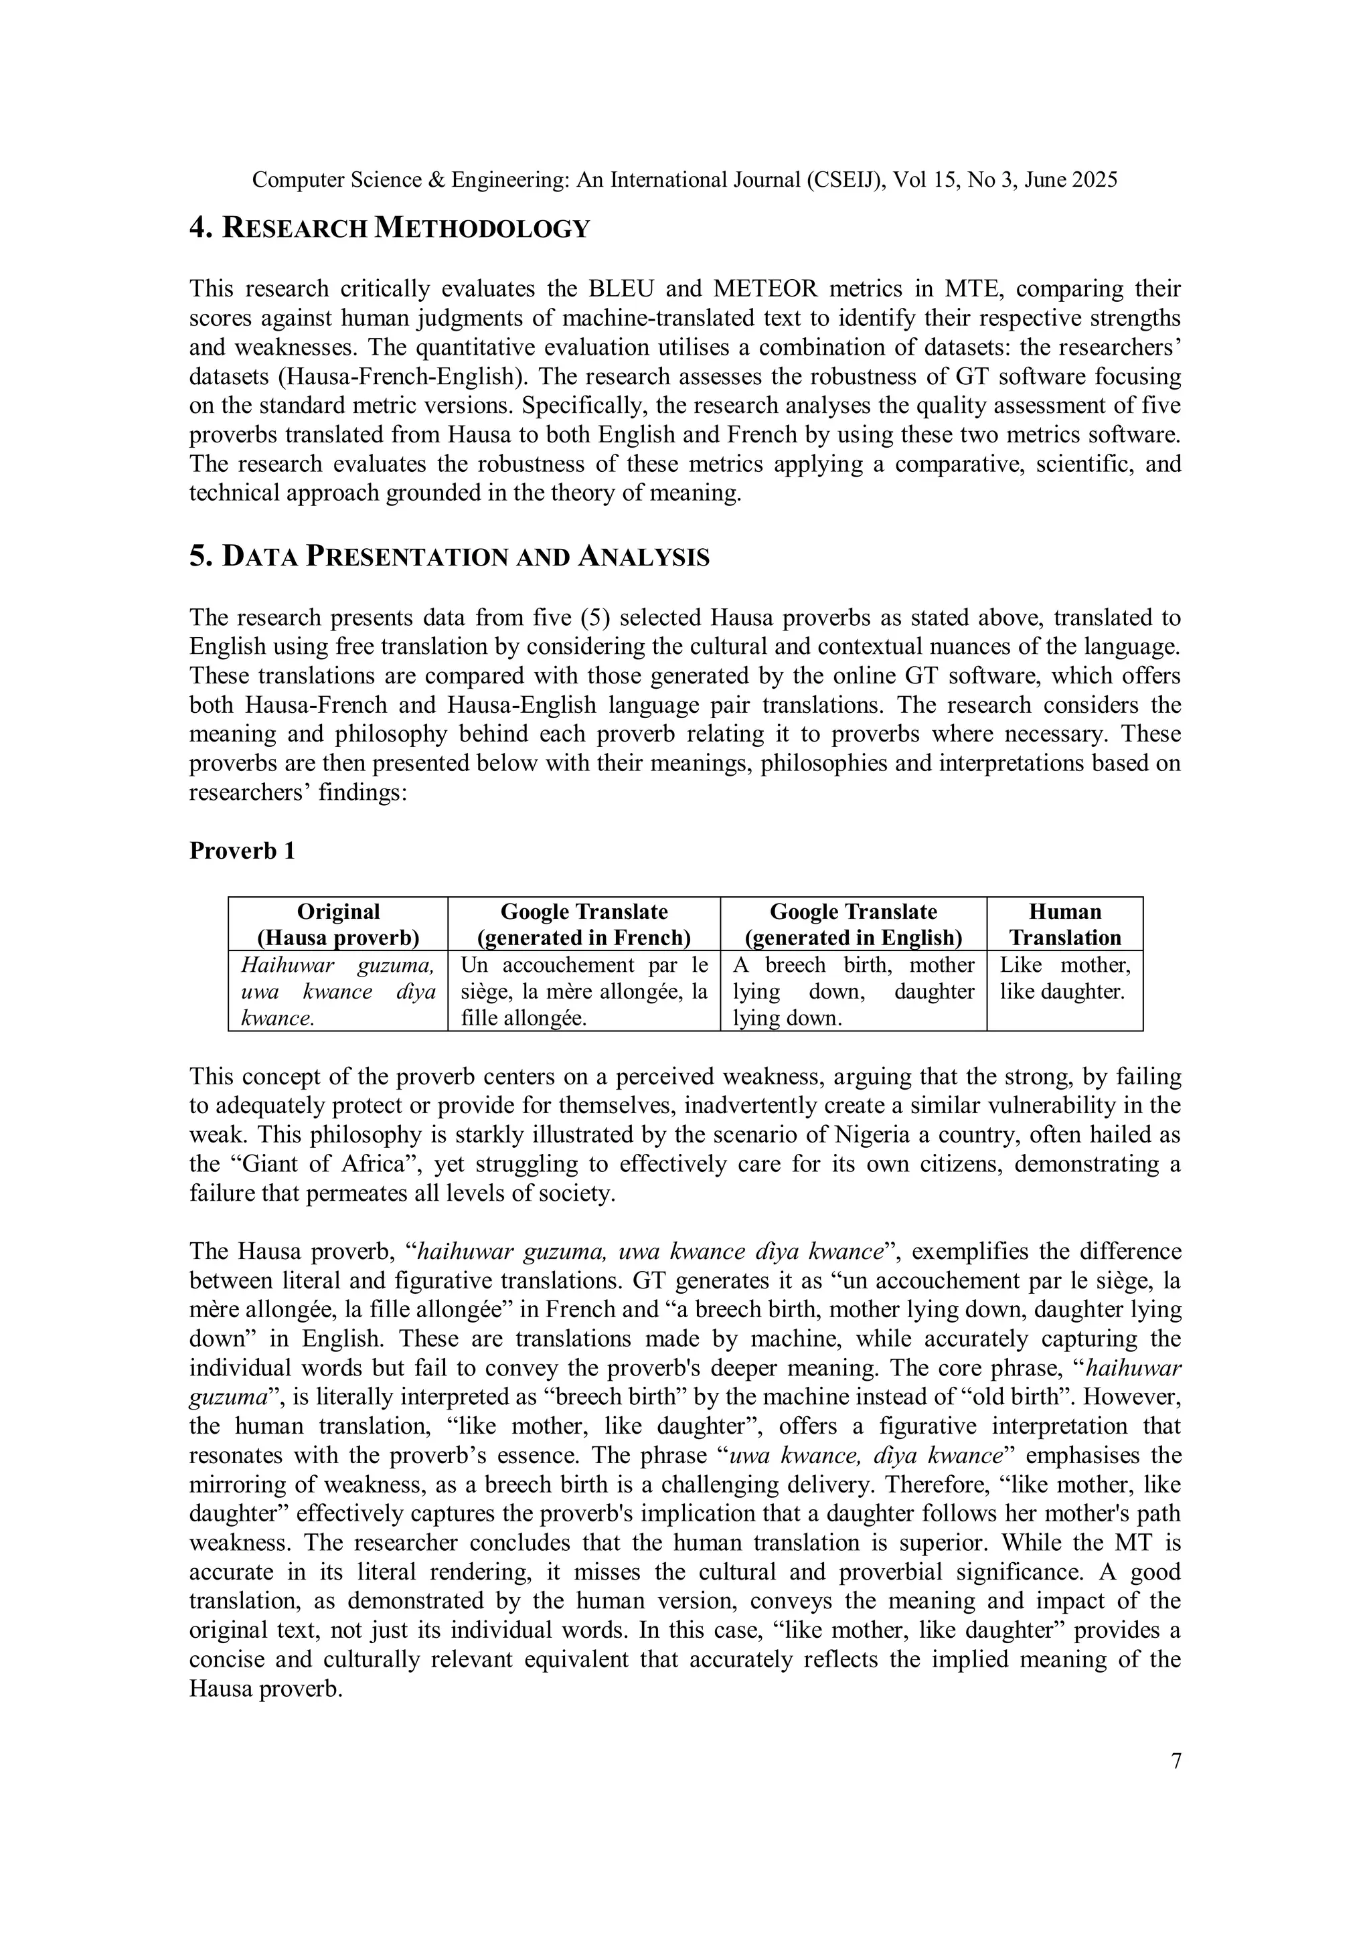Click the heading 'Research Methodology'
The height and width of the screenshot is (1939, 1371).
point(388,228)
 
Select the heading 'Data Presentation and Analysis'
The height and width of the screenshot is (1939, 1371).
point(449,556)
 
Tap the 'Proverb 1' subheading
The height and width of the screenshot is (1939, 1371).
point(242,851)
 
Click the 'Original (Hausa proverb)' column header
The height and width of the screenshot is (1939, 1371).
point(338,924)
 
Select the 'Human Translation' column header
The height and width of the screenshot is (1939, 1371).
point(1064,924)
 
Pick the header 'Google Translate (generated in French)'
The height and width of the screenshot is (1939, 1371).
point(584,924)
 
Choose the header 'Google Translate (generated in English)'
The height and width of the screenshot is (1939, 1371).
point(853,924)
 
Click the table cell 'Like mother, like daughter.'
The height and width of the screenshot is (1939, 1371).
point(1064,978)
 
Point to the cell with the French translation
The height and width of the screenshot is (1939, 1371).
point(584,991)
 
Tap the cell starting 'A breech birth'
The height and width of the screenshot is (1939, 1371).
point(853,991)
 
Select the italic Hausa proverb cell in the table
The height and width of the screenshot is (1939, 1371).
point(338,991)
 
